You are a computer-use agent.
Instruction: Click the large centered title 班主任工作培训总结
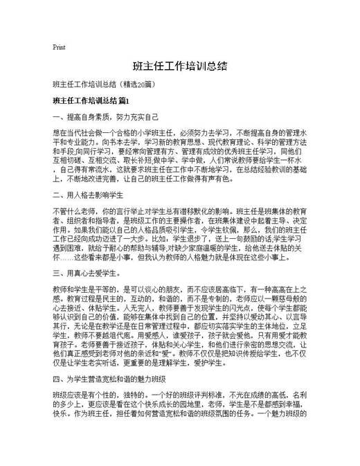tap(179, 67)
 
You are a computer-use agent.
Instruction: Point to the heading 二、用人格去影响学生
tap(88, 195)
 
